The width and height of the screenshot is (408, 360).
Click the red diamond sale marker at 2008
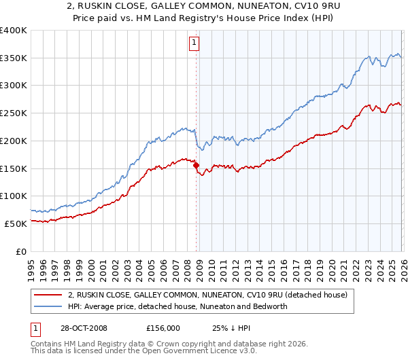(x=197, y=164)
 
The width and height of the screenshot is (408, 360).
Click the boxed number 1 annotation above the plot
(x=194, y=43)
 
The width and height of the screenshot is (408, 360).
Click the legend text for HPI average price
(x=177, y=306)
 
